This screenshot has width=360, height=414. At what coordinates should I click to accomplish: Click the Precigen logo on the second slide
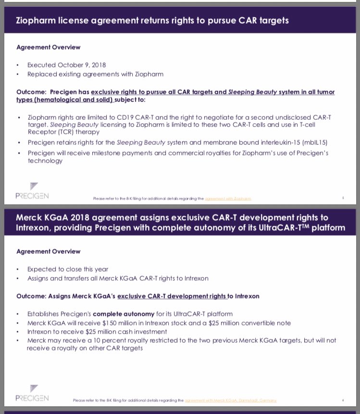32,394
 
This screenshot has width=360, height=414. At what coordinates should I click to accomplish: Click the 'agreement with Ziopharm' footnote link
228,199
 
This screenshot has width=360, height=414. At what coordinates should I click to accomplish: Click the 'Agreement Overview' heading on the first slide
49,47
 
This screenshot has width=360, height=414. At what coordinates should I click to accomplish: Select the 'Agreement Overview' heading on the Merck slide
49,251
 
